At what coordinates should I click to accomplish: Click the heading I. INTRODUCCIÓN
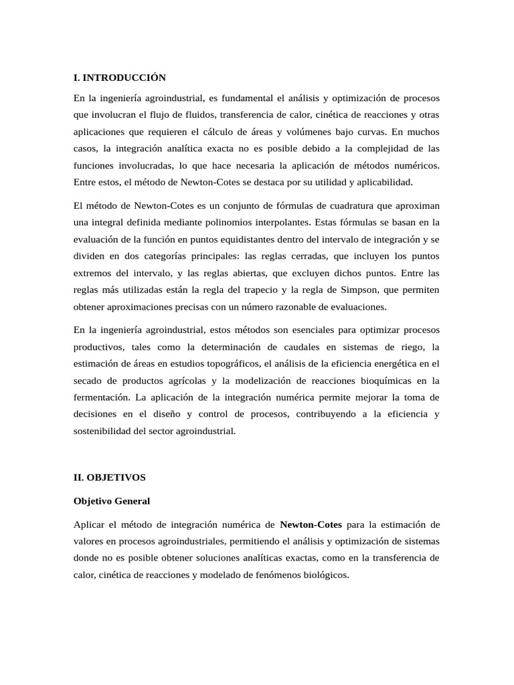pyautogui.click(x=119, y=78)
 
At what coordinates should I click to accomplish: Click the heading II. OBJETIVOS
pyautogui.click(x=109, y=478)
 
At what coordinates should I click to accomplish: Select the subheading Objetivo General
pyautogui.click(x=112, y=500)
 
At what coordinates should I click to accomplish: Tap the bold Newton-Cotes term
pyautogui.click(x=311, y=524)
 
